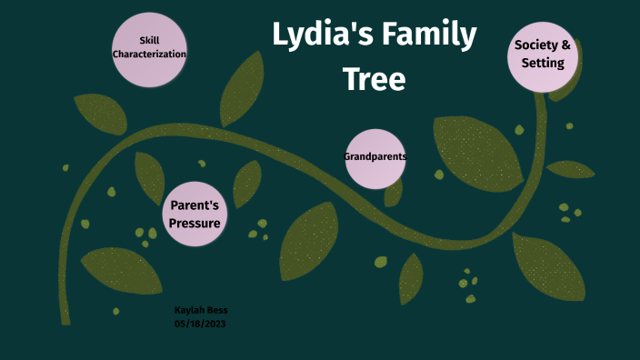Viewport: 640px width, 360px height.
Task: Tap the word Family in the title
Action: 431,36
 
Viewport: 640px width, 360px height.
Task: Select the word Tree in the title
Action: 374,79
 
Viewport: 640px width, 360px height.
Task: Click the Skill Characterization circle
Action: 149,49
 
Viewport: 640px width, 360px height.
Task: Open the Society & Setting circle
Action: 543,55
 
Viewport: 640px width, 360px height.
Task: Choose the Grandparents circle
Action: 375,158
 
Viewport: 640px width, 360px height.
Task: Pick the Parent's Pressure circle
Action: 195,215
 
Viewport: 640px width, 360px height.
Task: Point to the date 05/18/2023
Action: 200,323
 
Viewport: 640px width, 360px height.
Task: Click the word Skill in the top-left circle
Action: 149,41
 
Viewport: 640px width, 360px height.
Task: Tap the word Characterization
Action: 149,55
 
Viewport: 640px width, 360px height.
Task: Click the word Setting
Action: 543,64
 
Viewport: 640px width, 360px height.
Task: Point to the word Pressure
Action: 195,224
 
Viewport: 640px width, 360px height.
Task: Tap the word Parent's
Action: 195,205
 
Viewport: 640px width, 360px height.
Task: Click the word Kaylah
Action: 188,311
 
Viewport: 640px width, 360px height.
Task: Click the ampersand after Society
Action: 566,45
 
